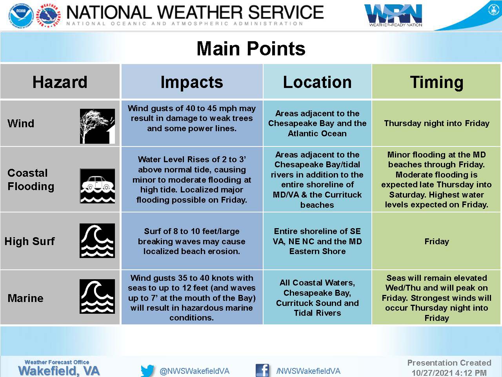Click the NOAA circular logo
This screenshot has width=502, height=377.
[21, 16]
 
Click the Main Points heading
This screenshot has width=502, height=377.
[251, 49]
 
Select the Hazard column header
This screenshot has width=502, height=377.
[60, 82]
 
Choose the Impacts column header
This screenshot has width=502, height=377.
[192, 82]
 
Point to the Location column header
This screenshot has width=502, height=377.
[317, 82]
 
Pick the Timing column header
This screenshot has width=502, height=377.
[437, 82]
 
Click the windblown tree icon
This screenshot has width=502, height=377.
[97, 126]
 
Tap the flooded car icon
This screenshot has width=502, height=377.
[97, 186]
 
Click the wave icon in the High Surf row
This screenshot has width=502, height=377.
[97, 241]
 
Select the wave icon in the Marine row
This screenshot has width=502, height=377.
[97, 296]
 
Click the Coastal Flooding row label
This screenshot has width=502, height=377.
[31, 180]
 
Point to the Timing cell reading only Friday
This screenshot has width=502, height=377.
[437, 241]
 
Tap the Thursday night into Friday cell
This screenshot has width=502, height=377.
[437, 123]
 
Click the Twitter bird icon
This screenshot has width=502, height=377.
[147, 371]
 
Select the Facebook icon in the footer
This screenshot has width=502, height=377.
[262, 370]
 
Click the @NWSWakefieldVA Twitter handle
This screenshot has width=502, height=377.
[195, 371]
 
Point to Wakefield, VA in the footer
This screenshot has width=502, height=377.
[59, 371]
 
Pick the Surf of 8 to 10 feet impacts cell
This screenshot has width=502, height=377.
[192, 241]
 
